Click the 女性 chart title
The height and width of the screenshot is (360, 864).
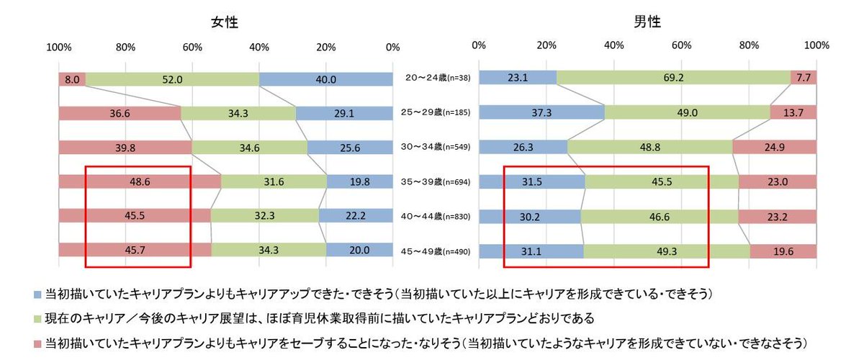(225, 22)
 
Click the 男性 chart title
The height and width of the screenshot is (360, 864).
(647, 22)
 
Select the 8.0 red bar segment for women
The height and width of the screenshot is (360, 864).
(72, 79)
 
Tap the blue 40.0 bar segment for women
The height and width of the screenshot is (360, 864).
(325, 79)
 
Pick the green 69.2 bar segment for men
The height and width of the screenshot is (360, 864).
(673, 77)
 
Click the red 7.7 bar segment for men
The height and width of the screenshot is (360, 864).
(804, 77)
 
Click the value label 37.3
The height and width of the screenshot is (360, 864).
(541, 112)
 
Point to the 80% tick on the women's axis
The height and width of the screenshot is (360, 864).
(125, 47)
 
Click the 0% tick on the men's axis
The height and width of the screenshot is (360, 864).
(479, 45)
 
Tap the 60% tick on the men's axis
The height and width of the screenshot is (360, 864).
(681, 45)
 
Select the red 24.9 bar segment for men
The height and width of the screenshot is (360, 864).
(774, 146)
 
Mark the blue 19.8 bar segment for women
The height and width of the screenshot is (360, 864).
(359, 182)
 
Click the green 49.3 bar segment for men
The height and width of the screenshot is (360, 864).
(667, 250)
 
